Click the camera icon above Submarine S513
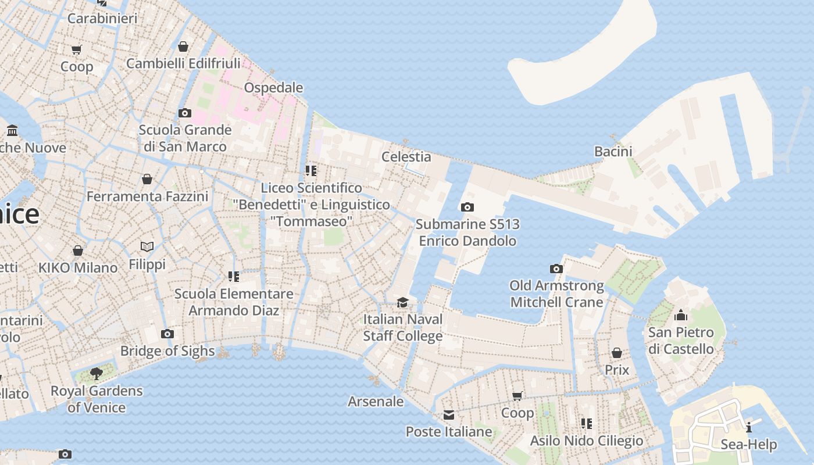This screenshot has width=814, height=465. (x=467, y=208)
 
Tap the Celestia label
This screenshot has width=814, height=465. (x=406, y=157)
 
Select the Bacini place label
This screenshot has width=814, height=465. (x=613, y=152)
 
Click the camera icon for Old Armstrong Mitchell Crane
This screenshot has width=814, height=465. (x=556, y=269)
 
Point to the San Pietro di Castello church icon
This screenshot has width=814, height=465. (x=681, y=316)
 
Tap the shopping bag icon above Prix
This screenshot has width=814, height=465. (x=617, y=353)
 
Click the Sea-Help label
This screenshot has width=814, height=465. (x=748, y=445)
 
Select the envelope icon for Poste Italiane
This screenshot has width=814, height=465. (x=449, y=415)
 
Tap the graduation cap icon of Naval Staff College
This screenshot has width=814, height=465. (x=402, y=302)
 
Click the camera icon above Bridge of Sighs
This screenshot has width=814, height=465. (x=167, y=334)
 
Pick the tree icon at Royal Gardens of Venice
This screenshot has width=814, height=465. (x=97, y=374)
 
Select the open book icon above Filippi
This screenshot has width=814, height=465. (x=147, y=247)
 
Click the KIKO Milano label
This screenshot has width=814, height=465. (x=78, y=268)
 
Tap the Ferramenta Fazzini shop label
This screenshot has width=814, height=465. (x=147, y=196)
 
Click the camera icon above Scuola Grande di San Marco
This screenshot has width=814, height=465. (x=185, y=113)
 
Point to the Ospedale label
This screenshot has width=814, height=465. (x=273, y=88)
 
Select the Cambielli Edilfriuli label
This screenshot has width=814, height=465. (x=183, y=63)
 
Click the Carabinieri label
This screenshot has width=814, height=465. (x=102, y=19)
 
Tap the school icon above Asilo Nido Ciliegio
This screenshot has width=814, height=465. (x=586, y=424)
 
